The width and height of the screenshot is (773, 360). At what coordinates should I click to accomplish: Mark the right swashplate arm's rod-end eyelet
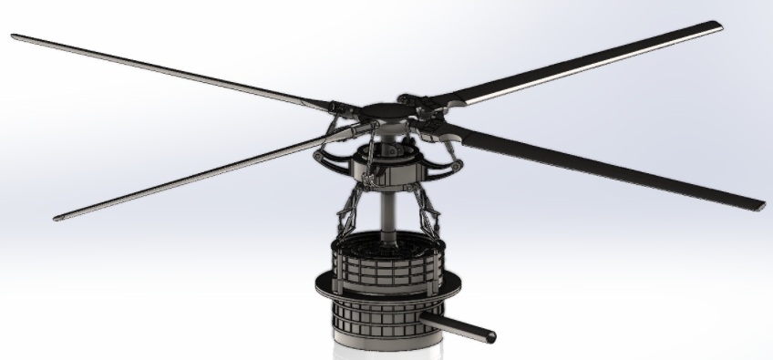coord(456,165)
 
